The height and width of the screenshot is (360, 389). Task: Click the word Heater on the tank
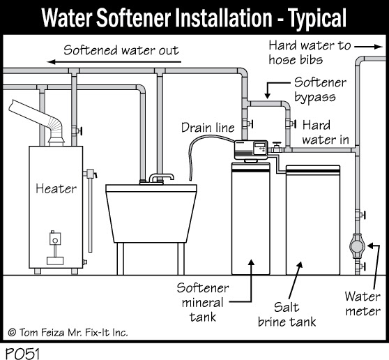[x=56, y=188]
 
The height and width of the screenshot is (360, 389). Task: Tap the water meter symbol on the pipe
[x=357, y=246]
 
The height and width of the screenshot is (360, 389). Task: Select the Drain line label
[x=208, y=128]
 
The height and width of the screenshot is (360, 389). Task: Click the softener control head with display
[x=251, y=149]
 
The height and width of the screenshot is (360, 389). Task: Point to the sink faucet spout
[x=161, y=177]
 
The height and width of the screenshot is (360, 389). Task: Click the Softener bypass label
[x=320, y=90]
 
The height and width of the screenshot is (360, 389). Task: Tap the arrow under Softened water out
[x=114, y=62]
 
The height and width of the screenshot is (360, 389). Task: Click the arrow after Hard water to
[x=369, y=47]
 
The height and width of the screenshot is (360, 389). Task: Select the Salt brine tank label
[x=287, y=315]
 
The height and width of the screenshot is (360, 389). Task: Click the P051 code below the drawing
[x=22, y=353]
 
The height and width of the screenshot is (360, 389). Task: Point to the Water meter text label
[x=363, y=303]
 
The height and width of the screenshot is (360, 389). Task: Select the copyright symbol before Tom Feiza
[x=12, y=332]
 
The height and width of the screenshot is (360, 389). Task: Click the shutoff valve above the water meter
[x=360, y=214]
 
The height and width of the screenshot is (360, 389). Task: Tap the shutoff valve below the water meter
[x=360, y=267]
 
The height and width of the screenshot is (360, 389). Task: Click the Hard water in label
[x=326, y=133]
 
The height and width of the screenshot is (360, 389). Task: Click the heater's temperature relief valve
[x=90, y=174]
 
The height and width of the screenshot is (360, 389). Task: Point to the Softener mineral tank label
[x=203, y=303]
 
